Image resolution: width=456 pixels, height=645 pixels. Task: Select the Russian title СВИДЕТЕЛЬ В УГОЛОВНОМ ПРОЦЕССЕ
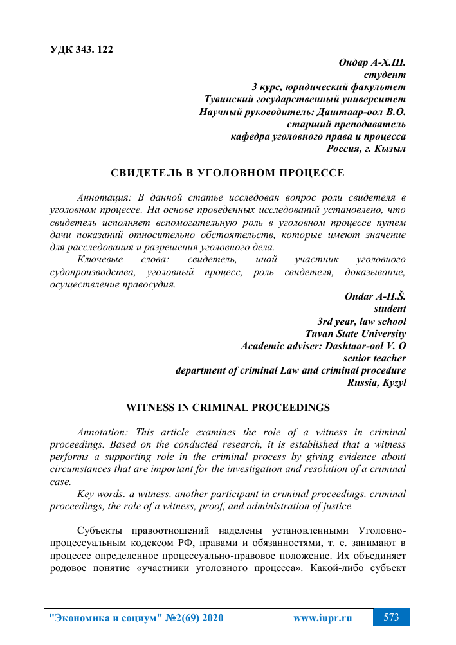pyautogui.click(x=228, y=172)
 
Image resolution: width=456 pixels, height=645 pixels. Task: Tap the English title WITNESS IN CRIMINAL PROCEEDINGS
pyautogui.click(x=228, y=408)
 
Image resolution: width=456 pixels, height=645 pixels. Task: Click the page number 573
pyautogui.click(x=392, y=618)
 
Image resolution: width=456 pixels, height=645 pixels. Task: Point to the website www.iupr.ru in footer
pyautogui.click(x=323, y=618)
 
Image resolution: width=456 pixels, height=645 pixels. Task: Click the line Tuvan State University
pyautogui.click(x=356, y=333)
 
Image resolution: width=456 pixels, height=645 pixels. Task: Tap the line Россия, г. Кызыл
pyautogui.click(x=367, y=149)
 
